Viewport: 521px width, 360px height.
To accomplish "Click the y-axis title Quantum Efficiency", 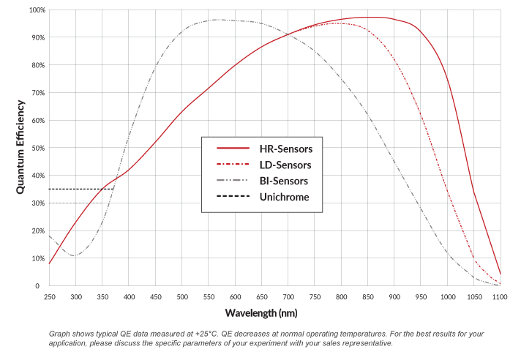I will [21, 148].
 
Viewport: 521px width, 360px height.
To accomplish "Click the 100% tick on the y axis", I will [37, 10].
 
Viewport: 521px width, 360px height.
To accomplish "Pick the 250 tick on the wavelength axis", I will [49, 296].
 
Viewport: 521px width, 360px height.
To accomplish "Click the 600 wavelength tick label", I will [236, 296].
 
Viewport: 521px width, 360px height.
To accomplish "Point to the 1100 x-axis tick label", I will [501, 296].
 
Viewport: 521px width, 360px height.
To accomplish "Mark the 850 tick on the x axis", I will [368, 296].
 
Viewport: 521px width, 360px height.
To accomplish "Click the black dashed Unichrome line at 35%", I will [80, 189].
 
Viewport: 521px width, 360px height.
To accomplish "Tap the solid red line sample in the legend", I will [230, 149].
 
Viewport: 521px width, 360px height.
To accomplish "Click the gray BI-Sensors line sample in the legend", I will [230, 180].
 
